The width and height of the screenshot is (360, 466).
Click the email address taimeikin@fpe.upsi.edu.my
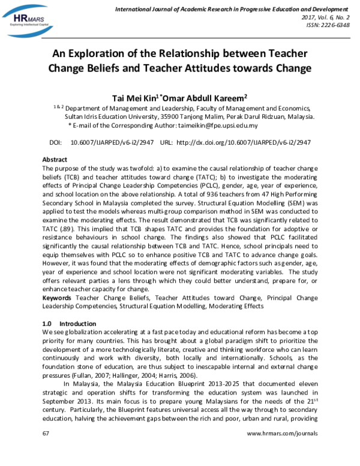(217, 126)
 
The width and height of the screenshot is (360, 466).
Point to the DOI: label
(38, 143)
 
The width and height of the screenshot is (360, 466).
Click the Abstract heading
(54, 160)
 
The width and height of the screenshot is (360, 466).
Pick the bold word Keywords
(58, 298)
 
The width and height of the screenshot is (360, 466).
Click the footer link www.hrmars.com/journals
(281, 450)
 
